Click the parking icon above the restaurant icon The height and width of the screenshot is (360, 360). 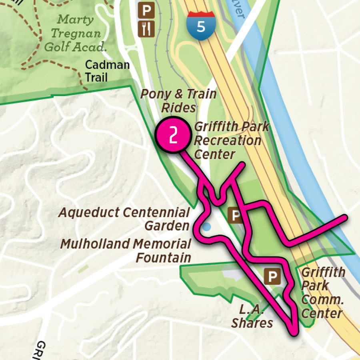(146, 10)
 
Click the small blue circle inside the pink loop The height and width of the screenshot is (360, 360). (206, 227)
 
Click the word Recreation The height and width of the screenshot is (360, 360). (227, 141)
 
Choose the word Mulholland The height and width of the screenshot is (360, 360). (96, 244)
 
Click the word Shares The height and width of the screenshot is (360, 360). (252, 323)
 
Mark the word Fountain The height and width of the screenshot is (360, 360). (163, 257)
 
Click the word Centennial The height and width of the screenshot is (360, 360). (156, 212)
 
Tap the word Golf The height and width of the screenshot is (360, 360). (56, 47)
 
